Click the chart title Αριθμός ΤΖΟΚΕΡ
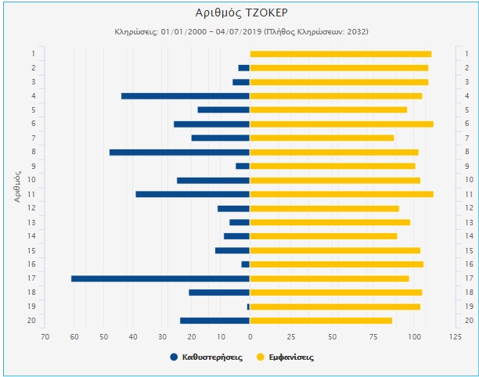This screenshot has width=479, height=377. [x=239, y=13]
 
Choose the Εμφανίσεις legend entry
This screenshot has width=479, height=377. [x=286, y=357]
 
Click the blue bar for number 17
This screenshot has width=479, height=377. [x=160, y=278]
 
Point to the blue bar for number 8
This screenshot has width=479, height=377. [x=179, y=152]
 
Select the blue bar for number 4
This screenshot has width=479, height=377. [x=185, y=96]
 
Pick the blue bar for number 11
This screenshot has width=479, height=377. [x=193, y=194]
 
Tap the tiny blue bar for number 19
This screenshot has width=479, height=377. [x=248, y=307]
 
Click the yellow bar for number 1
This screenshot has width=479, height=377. [x=340, y=54]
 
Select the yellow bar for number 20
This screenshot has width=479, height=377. [x=321, y=321]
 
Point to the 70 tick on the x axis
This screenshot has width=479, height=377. [x=45, y=336]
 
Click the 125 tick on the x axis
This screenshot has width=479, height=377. [x=455, y=336]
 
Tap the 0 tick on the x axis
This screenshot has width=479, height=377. [x=250, y=336]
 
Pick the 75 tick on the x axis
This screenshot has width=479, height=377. [x=373, y=336]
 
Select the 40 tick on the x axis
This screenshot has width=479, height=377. [x=132, y=336]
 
